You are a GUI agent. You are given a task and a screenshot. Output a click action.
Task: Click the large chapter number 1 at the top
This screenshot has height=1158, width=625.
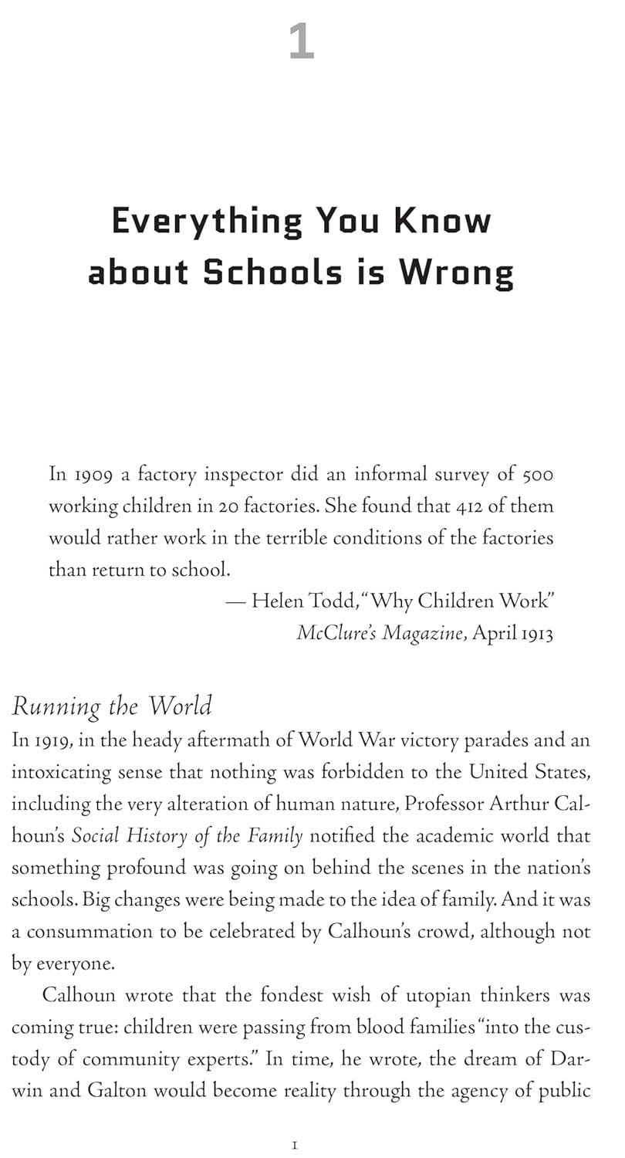coord(302,42)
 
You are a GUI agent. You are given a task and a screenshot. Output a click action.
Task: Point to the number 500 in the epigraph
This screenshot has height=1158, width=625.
coord(537,474)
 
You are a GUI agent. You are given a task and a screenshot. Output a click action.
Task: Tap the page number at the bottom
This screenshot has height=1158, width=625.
coord(296,1146)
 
